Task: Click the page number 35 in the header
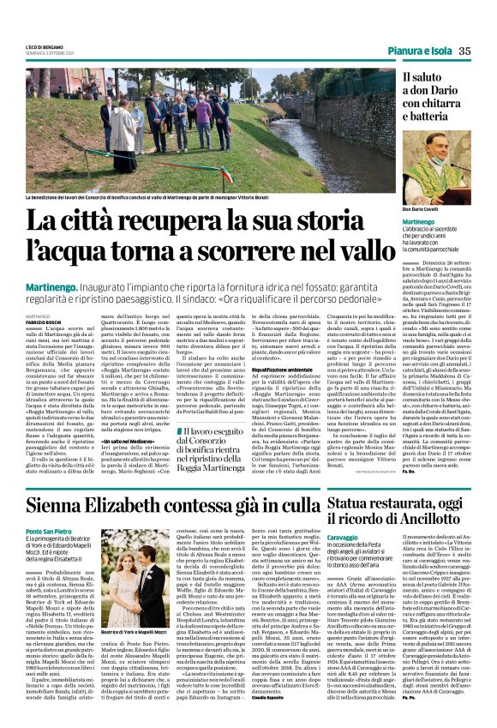(x=465, y=51)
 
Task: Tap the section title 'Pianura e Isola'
(x=416, y=51)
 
